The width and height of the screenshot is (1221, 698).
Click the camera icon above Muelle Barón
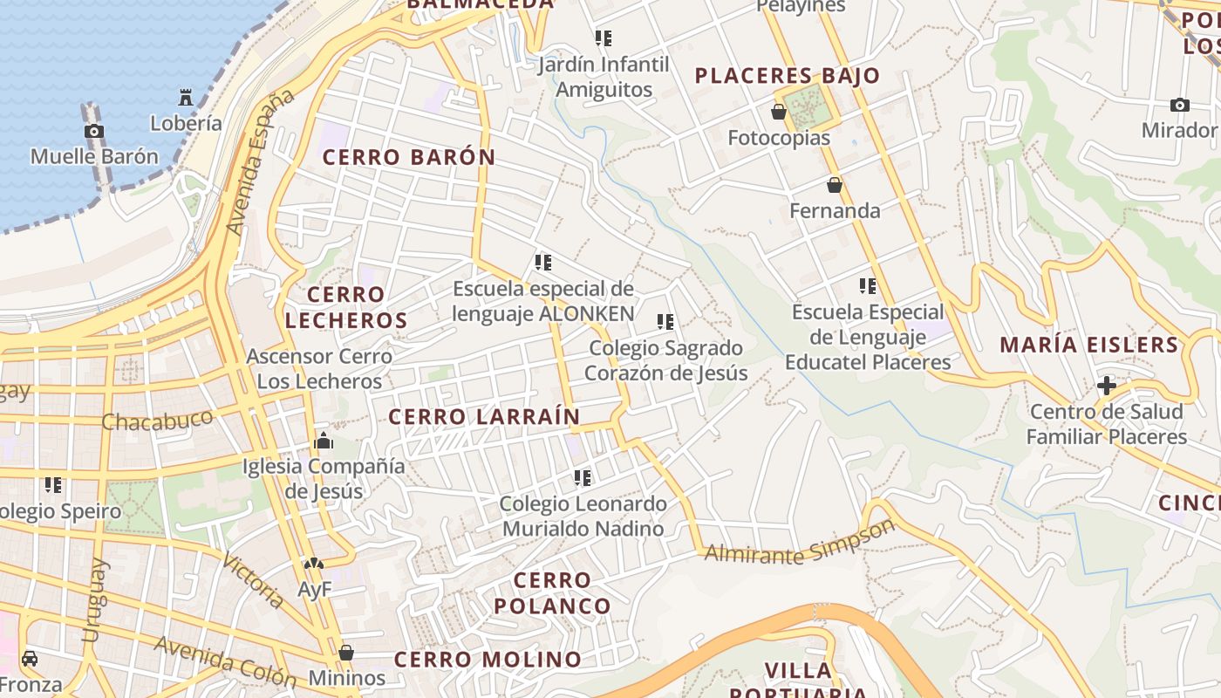[94, 132]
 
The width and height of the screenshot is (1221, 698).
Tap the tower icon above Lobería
[185, 97]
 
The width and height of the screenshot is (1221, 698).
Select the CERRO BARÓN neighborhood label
[409, 158]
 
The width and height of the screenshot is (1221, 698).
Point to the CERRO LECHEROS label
[346, 307]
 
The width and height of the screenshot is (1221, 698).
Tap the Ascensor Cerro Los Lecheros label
[318, 369]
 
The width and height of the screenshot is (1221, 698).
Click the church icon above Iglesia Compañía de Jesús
[324, 441]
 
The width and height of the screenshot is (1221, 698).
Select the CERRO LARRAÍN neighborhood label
[484, 417]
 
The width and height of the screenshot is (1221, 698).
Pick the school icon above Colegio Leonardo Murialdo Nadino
[582, 478]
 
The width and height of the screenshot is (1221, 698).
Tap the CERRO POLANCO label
[553, 592]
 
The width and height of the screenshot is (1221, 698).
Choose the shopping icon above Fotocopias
[779, 112]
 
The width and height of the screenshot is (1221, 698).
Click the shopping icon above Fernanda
[835, 185]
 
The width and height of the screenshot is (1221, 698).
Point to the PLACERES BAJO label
[788, 76]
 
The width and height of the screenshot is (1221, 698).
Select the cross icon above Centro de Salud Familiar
[1107, 385]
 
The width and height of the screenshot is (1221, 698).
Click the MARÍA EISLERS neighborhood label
[1089, 345]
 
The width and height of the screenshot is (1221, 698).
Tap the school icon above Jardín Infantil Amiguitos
[603, 38]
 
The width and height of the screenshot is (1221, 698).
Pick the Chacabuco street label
[157, 421]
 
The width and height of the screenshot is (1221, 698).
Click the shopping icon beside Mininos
[346, 653]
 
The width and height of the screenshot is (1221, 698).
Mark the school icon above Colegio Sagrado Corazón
[665, 322]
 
